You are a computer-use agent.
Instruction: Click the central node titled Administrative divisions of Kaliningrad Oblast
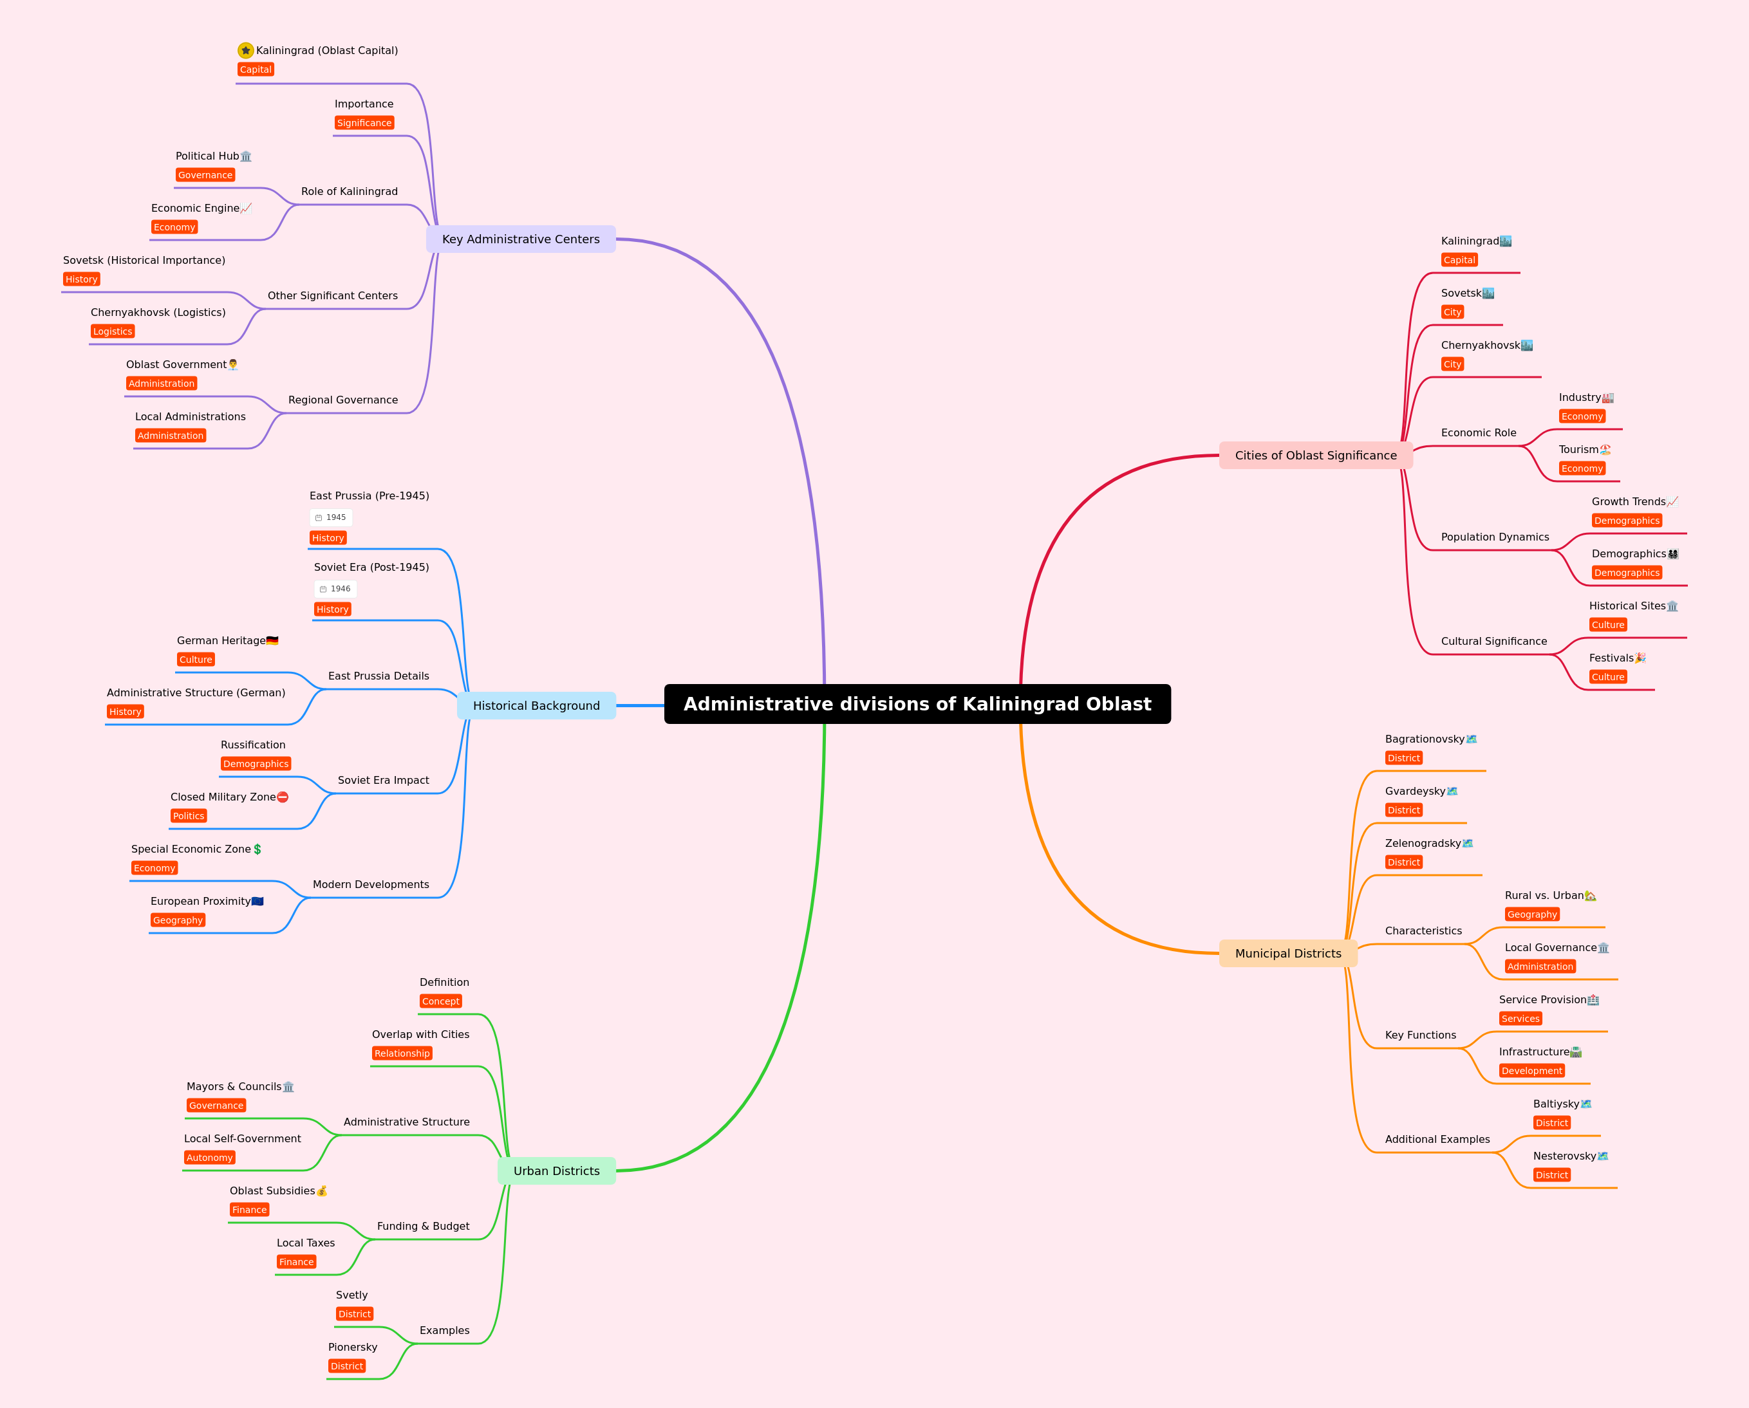pos(917,704)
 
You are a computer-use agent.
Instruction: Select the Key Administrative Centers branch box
pos(521,239)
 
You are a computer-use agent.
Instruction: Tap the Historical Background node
pos(536,706)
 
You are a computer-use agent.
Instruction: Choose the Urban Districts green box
pos(556,1171)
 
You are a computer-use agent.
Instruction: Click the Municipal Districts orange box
pos(1288,953)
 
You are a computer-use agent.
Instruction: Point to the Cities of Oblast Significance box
pos(1316,455)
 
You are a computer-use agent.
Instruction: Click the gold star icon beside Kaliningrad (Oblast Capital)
pos(246,50)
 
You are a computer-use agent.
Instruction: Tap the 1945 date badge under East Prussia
pos(331,517)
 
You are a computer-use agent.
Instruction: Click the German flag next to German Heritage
pos(272,641)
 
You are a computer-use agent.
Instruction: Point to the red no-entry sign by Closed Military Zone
pos(283,797)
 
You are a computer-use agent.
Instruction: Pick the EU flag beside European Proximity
pos(258,901)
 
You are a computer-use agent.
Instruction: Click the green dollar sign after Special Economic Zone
pos(257,849)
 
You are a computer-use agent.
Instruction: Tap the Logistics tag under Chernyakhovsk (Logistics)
pos(113,331)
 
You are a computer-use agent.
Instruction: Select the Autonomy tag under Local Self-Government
pos(210,1158)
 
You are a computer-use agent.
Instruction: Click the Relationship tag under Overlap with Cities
pos(402,1053)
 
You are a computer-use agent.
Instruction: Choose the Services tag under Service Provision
pos(1520,1019)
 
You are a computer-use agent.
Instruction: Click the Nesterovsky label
pos(1564,1156)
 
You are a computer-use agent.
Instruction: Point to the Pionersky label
pos(353,1347)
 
